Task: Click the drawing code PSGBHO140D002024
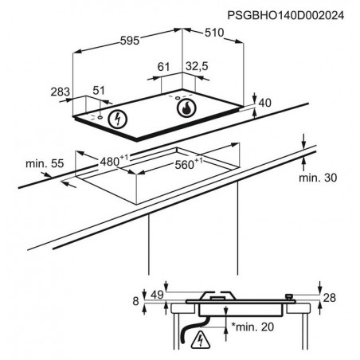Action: [x=286, y=15]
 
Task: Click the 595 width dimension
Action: [x=130, y=41]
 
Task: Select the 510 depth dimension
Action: [x=214, y=33]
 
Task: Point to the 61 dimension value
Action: [x=163, y=67]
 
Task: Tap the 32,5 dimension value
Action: [x=197, y=66]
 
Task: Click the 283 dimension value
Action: [x=61, y=92]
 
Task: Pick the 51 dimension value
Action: [x=99, y=91]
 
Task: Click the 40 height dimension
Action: [x=264, y=103]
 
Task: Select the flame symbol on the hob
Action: [x=186, y=108]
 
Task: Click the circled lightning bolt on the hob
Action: [x=118, y=119]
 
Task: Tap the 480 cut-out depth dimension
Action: [x=114, y=161]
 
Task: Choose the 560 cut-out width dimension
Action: [x=188, y=164]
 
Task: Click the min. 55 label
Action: [x=45, y=163]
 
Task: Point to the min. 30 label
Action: [x=318, y=178]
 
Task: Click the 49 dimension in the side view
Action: [x=157, y=295]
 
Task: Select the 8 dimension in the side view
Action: [x=135, y=301]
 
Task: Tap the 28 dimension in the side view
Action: [x=330, y=298]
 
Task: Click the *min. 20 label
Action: [x=252, y=327]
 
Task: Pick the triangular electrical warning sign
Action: [x=201, y=340]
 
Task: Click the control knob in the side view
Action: [x=289, y=297]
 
